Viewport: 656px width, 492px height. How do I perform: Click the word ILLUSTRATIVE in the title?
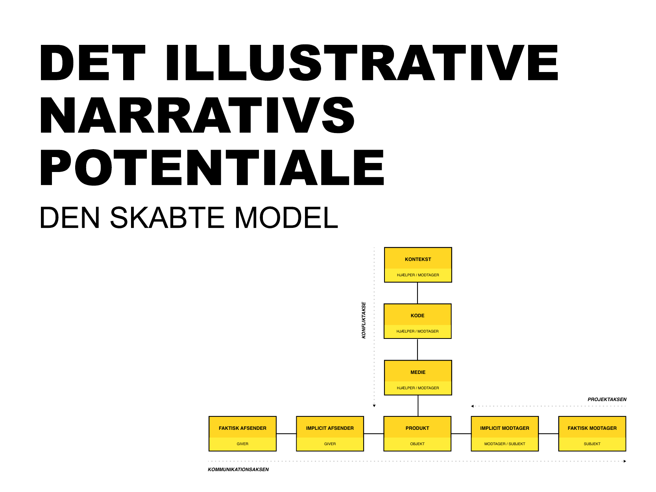pyautogui.click(x=362, y=63)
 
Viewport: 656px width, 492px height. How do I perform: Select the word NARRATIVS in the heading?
pyautogui.click(x=198, y=115)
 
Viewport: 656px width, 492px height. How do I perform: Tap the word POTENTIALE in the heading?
pyautogui.click(x=212, y=167)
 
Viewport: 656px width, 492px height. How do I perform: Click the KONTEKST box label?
pyautogui.click(x=418, y=259)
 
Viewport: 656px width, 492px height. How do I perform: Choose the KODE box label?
pyautogui.click(x=418, y=315)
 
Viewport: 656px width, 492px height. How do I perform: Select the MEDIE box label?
pyautogui.click(x=418, y=372)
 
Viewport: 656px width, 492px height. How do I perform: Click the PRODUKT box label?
pyautogui.click(x=417, y=428)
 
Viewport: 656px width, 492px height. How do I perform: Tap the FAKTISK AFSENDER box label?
pyautogui.click(x=242, y=428)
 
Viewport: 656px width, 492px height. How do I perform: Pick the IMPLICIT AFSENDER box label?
pyautogui.click(x=330, y=428)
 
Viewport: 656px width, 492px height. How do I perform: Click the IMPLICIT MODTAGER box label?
pyautogui.click(x=505, y=428)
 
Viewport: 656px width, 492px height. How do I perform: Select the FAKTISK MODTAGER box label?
pyautogui.click(x=592, y=428)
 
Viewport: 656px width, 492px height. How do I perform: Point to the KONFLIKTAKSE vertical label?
pyautogui.click(x=364, y=320)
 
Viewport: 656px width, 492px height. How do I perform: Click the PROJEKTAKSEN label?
pyautogui.click(x=607, y=400)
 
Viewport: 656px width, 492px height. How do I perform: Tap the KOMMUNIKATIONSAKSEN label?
pyautogui.click(x=238, y=470)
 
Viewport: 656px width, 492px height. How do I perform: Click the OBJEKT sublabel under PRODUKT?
pyautogui.click(x=417, y=444)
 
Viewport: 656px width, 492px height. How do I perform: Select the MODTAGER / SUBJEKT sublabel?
pyautogui.click(x=505, y=444)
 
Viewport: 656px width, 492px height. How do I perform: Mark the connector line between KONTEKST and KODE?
pyautogui.click(x=418, y=293)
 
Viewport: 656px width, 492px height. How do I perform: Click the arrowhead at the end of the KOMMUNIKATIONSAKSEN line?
pyautogui.click(x=625, y=461)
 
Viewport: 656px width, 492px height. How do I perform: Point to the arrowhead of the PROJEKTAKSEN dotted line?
pyautogui.click(x=473, y=406)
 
